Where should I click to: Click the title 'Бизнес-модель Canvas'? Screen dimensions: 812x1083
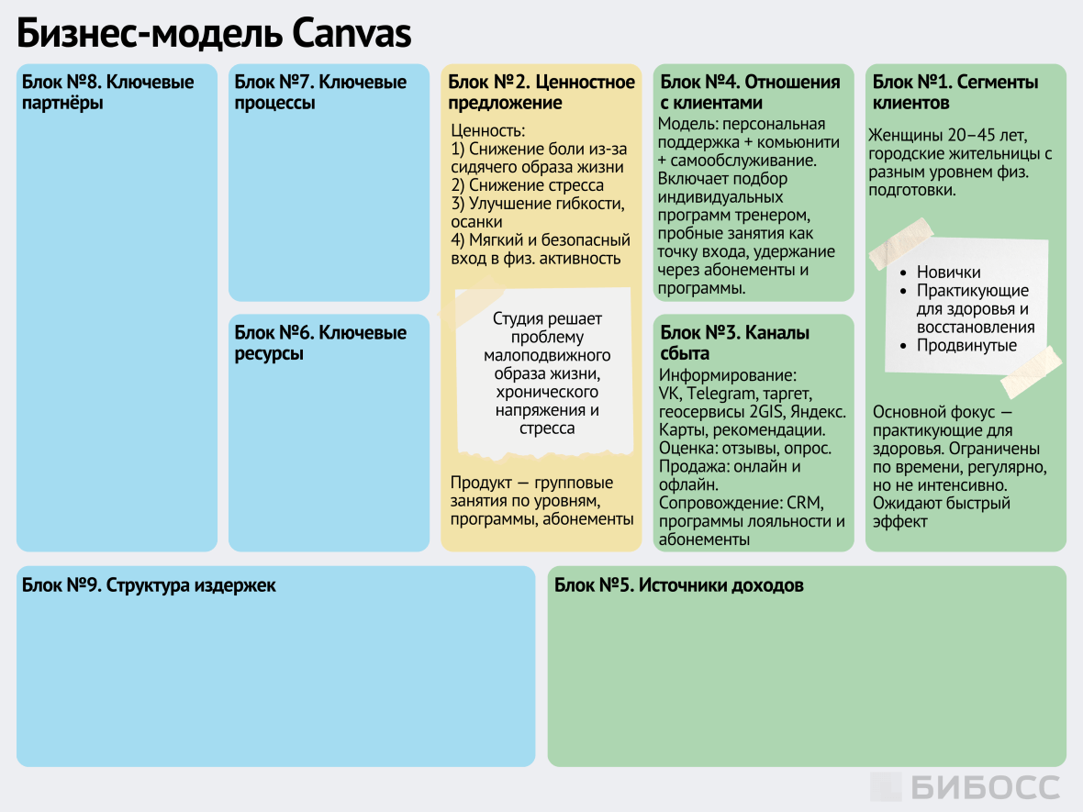pos(214,34)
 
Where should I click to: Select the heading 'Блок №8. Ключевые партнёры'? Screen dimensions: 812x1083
pos(108,92)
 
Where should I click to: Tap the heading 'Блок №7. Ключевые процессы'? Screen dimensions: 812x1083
pos(320,92)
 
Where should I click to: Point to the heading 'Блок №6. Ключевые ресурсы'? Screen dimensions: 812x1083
pos(320,342)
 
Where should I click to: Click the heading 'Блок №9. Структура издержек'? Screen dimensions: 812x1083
pos(149,585)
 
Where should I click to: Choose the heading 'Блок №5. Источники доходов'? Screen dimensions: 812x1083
pos(679,585)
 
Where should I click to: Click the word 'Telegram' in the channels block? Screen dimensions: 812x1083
pos(720,394)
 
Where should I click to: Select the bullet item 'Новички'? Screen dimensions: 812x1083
pos(949,273)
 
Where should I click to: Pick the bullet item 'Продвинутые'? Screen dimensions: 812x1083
pos(967,346)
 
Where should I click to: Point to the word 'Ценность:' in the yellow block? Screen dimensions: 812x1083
pos(488,131)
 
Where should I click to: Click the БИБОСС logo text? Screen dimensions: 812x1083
pos(985,787)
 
